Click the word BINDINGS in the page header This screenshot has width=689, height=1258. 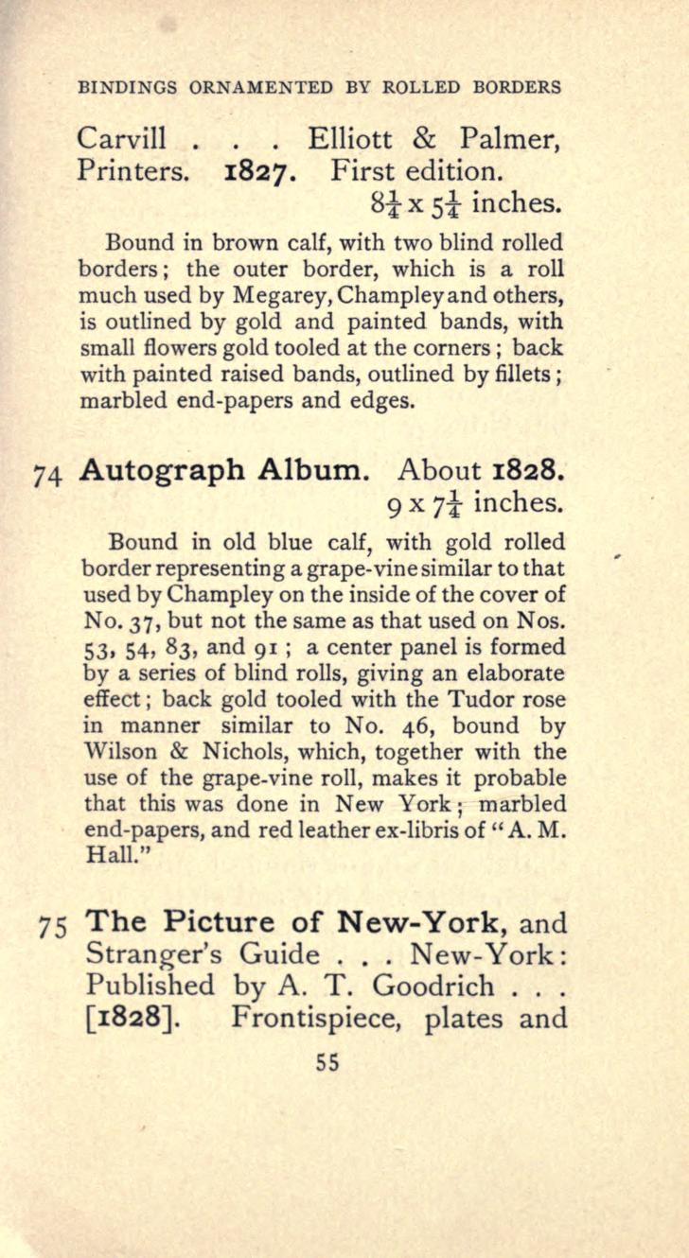click(128, 88)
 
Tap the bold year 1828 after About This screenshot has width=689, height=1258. click(522, 470)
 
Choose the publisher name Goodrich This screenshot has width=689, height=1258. click(433, 986)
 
